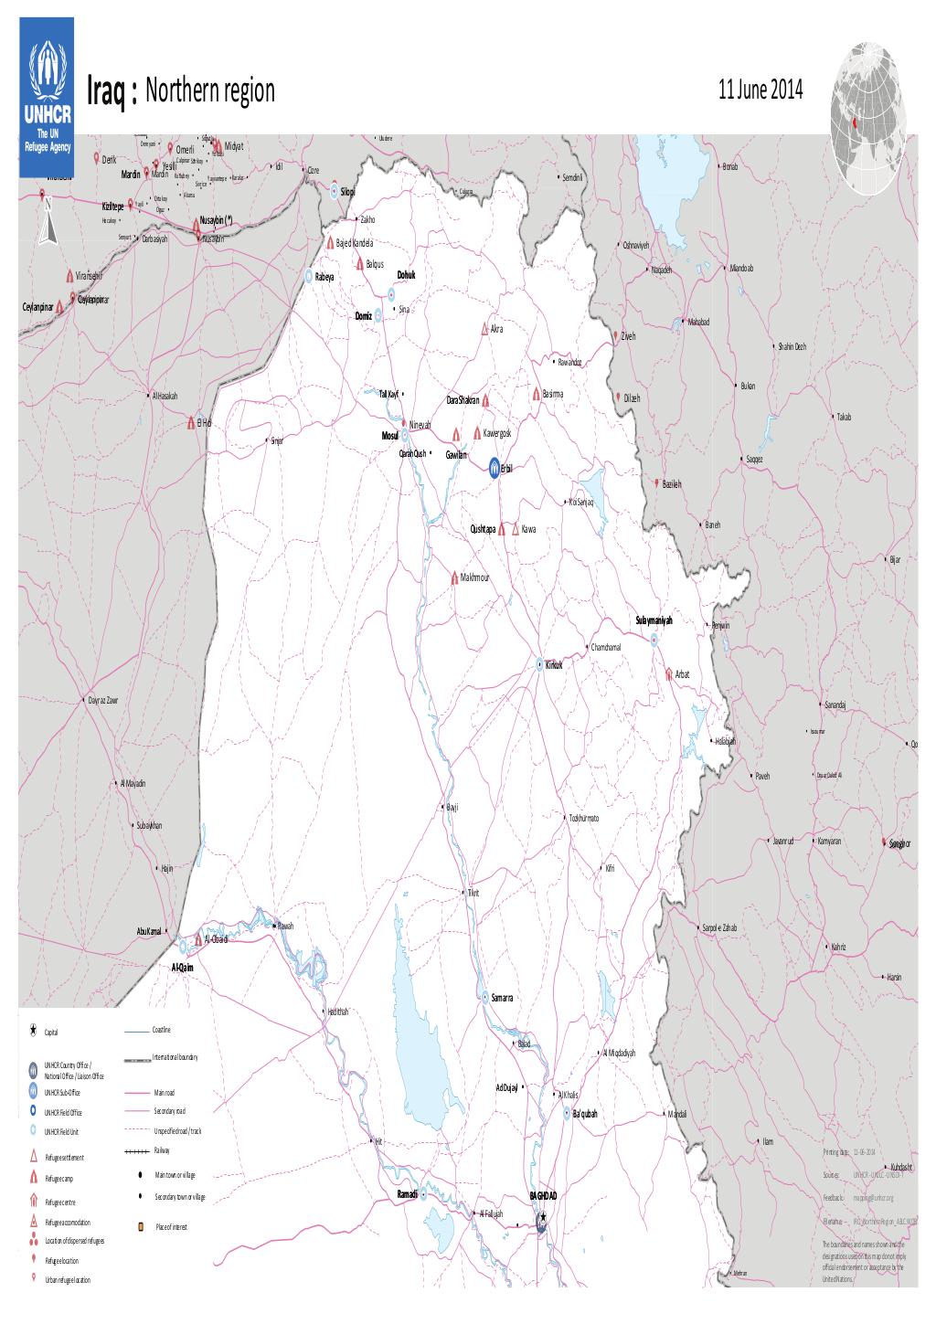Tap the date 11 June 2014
[760, 90]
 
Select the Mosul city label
[389, 436]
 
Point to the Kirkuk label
[553, 665]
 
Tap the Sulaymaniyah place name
[654, 620]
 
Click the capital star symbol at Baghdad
[543, 1217]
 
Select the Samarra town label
[502, 998]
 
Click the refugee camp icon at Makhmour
[454, 577]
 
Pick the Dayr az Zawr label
[103, 701]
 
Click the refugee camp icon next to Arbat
[669, 673]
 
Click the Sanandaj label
[835, 705]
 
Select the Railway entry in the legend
[162, 1149]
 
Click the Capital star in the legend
[33, 1031]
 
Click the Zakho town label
[368, 220]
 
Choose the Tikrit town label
[473, 892]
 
